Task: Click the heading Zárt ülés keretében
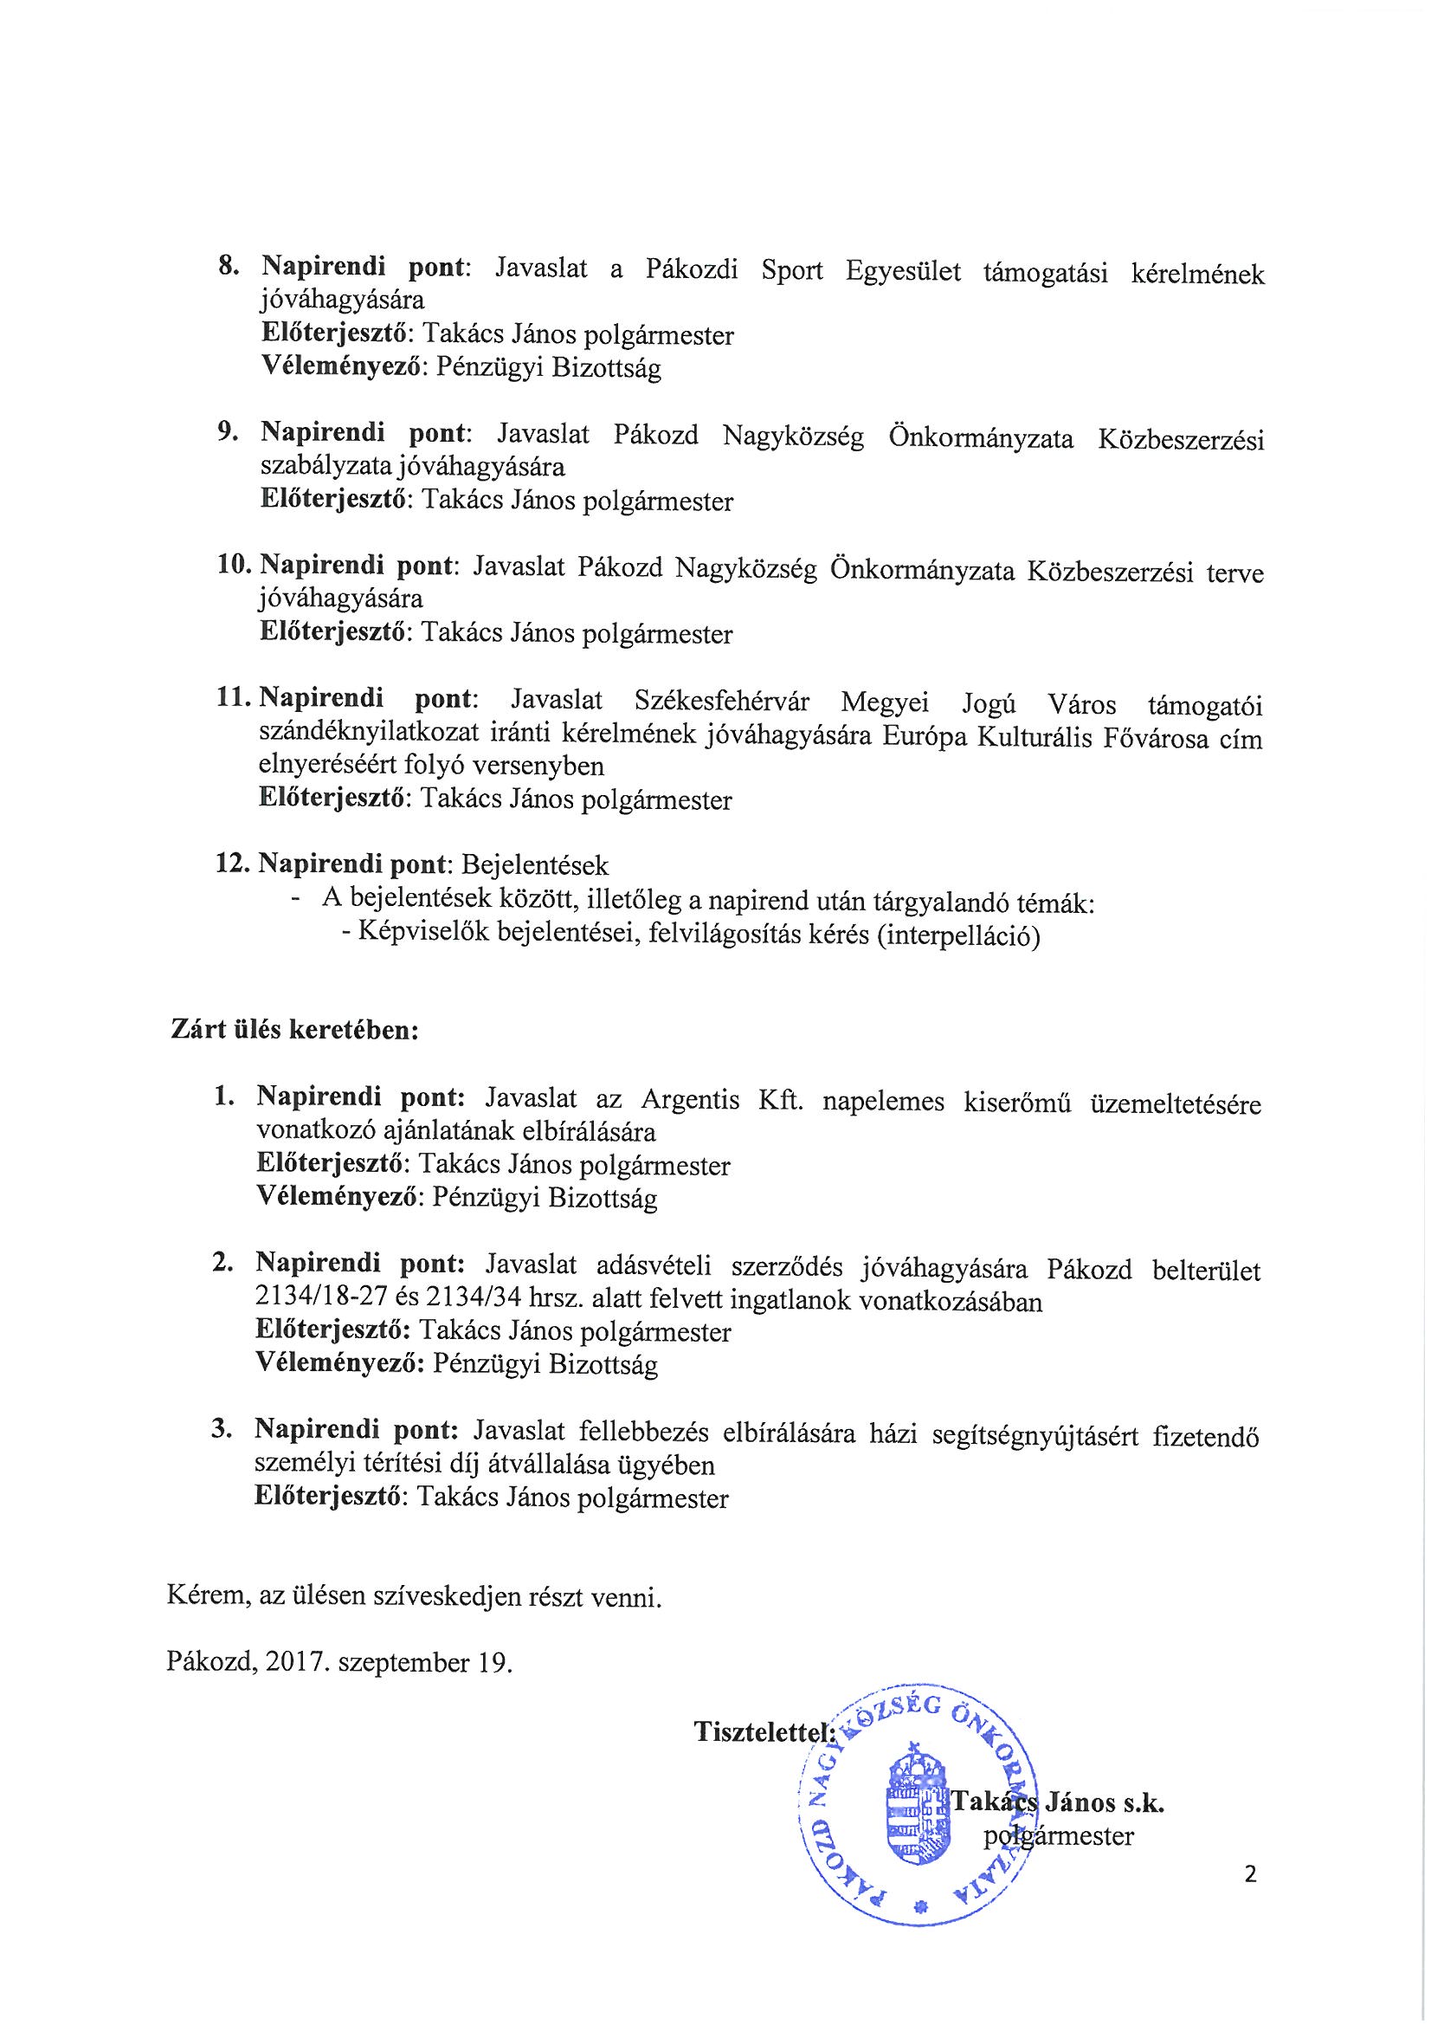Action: [x=293, y=1030]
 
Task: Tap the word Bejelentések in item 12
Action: [x=540, y=864]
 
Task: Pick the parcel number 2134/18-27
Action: [x=326, y=1302]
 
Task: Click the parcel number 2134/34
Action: [x=473, y=1302]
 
